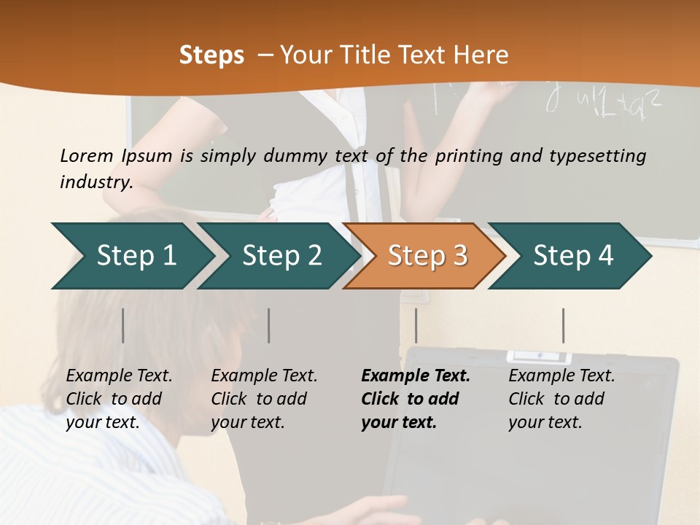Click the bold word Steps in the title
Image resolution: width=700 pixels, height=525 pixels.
click(211, 55)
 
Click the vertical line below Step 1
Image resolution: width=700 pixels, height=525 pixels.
click(123, 325)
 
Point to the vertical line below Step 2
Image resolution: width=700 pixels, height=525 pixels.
click(269, 325)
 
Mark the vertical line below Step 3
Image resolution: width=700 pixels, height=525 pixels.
click(416, 325)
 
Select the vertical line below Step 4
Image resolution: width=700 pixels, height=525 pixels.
click(563, 325)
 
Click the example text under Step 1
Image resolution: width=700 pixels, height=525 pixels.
click(119, 399)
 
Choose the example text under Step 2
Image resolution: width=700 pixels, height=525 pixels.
click(264, 399)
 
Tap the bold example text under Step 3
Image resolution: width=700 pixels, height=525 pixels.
click(415, 399)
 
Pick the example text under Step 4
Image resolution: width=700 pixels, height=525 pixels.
click(561, 399)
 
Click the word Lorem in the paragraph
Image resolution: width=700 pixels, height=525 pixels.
click(86, 155)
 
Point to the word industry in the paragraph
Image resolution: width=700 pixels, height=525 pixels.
click(96, 182)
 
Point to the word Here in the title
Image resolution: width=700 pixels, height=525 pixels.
click(481, 55)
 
